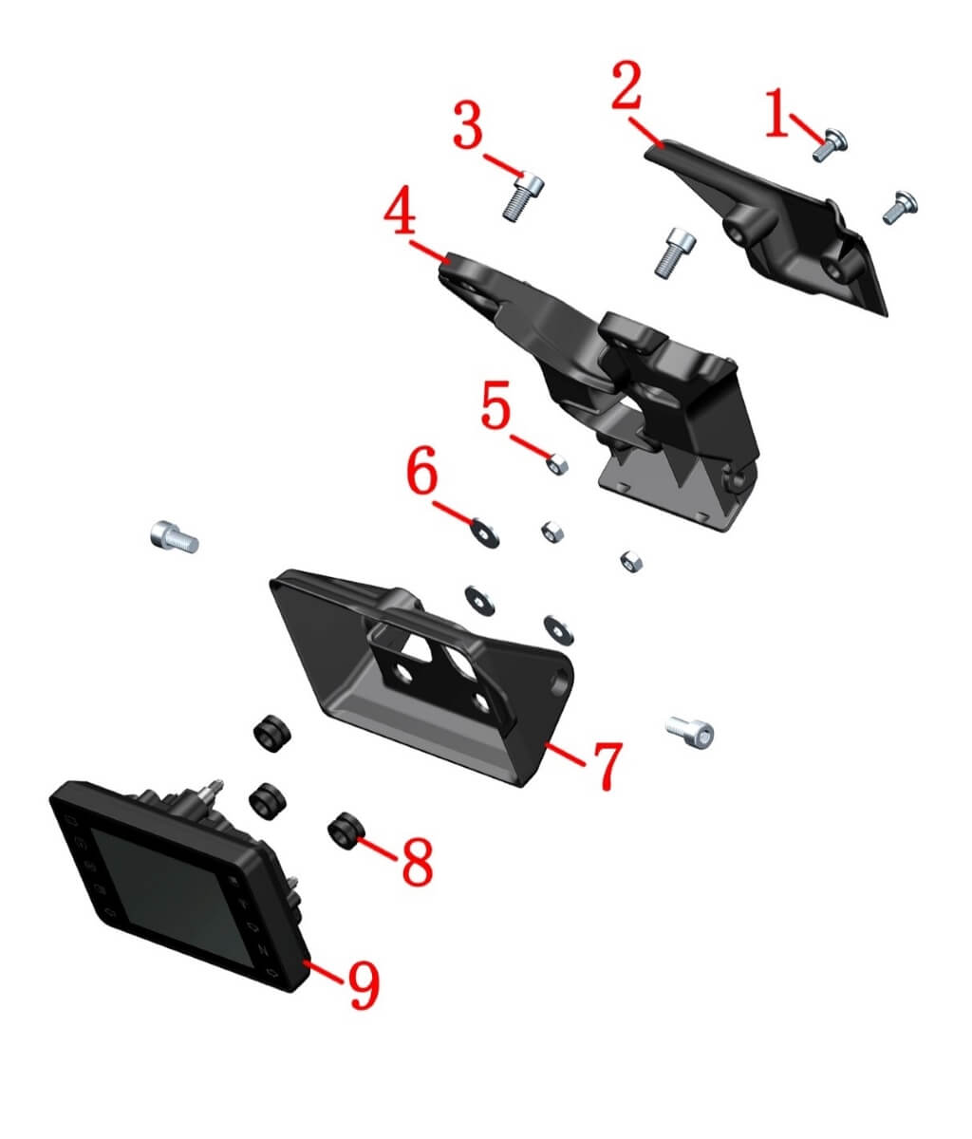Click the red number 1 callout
[x=777, y=112]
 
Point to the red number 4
[x=400, y=210]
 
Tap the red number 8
[x=418, y=861]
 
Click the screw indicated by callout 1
[x=830, y=144]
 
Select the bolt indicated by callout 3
[x=523, y=196]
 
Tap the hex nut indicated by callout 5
[x=556, y=465]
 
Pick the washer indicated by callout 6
[x=485, y=532]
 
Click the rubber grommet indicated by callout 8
[x=347, y=831]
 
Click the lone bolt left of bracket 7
[x=174, y=537]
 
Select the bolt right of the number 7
[x=690, y=733]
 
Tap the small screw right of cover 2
[x=900, y=208]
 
